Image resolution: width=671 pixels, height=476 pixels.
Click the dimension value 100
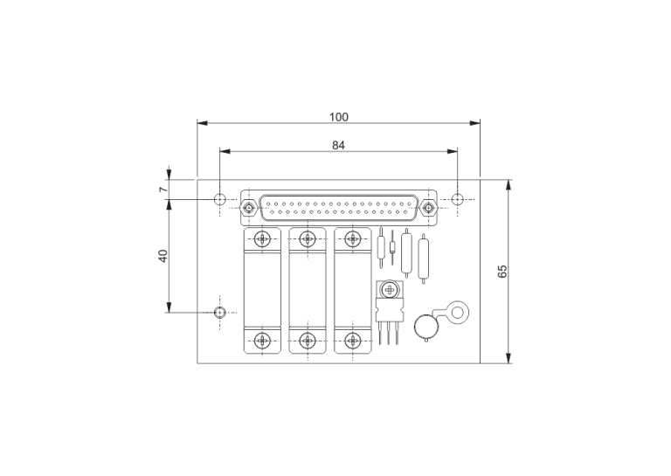pyautogui.click(x=338, y=117)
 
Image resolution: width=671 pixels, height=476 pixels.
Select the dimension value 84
pyautogui.click(x=338, y=145)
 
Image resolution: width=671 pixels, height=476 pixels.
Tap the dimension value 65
pyautogui.click(x=502, y=271)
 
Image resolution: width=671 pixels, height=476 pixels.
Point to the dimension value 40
pyautogui.click(x=163, y=256)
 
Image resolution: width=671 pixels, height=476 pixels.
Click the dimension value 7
pyautogui.click(x=163, y=189)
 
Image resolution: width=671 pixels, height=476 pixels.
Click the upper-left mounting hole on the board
pyautogui.click(x=219, y=199)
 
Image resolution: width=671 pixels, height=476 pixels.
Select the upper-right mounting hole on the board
pyautogui.click(x=458, y=199)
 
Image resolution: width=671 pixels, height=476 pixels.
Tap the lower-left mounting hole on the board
pyautogui.click(x=219, y=312)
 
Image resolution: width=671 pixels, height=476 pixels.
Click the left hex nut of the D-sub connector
pyautogui.click(x=248, y=208)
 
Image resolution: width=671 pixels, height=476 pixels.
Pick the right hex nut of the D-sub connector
pyautogui.click(x=428, y=208)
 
